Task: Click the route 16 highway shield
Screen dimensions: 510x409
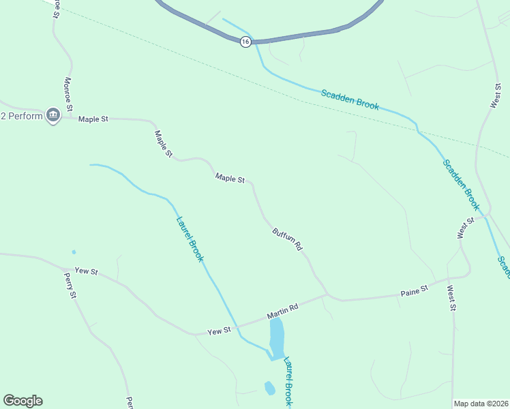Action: click(245, 42)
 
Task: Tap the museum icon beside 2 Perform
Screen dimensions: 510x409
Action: click(53, 116)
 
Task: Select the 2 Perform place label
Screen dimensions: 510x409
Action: click(21, 116)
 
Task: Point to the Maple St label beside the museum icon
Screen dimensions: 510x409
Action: click(93, 119)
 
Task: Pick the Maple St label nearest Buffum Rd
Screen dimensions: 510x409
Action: click(230, 179)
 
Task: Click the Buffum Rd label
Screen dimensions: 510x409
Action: click(287, 240)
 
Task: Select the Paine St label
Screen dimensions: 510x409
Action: click(414, 290)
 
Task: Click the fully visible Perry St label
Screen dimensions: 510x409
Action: click(70, 285)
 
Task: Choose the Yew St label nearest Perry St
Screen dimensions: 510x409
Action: click(87, 271)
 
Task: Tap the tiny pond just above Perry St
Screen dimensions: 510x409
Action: click(74, 252)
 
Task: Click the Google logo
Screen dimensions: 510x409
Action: click(22, 401)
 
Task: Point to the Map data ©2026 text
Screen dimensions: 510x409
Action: click(481, 404)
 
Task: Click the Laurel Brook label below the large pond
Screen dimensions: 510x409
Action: click(288, 382)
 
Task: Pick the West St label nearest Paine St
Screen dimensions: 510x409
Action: click(451, 298)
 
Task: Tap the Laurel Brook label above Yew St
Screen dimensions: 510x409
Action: click(190, 239)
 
